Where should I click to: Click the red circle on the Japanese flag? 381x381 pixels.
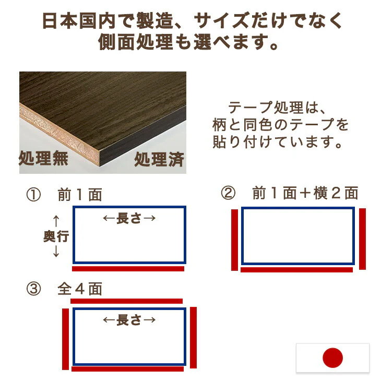pyautogui.click(x=332, y=358)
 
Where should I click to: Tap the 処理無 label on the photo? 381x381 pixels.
pyautogui.click(x=43, y=158)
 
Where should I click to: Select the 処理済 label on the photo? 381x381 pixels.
pyautogui.click(x=159, y=160)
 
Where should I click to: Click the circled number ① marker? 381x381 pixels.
pyautogui.click(x=33, y=195)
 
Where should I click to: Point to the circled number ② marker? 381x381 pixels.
pyautogui.click(x=228, y=193)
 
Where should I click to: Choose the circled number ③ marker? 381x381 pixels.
pyautogui.click(x=33, y=289)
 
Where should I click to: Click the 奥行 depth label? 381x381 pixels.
pyautogui.click(x=56, y=236)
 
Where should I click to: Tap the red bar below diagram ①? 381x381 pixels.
pyautogui.click(x=128, y=269)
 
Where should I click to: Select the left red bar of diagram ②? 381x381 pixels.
pyautogui.click(x=234, y=240)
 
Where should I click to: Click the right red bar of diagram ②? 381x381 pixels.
pyautogui.click(x=362, y=239)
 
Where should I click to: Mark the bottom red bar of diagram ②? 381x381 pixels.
pyautogui.click(x=296, y=270)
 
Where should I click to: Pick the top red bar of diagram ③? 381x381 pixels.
pyautogui.click(x=127, y=301)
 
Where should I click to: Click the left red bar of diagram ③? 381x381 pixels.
pyautogui.click(x=66, y=339)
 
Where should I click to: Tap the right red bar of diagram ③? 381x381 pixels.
pyautogui.click(x=194, y=338)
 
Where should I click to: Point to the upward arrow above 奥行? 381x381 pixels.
pyautogui.click(x=56, y=221)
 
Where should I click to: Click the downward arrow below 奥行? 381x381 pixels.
pyautogui.click(x=56, y=251)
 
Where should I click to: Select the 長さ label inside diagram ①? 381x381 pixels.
pyautogui.click(x=129, y=218)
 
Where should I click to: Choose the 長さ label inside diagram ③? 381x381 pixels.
pyautogui.click(x=129, y=320)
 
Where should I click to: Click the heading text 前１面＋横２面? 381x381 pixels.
pyautogui.click(x=305, y=193)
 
